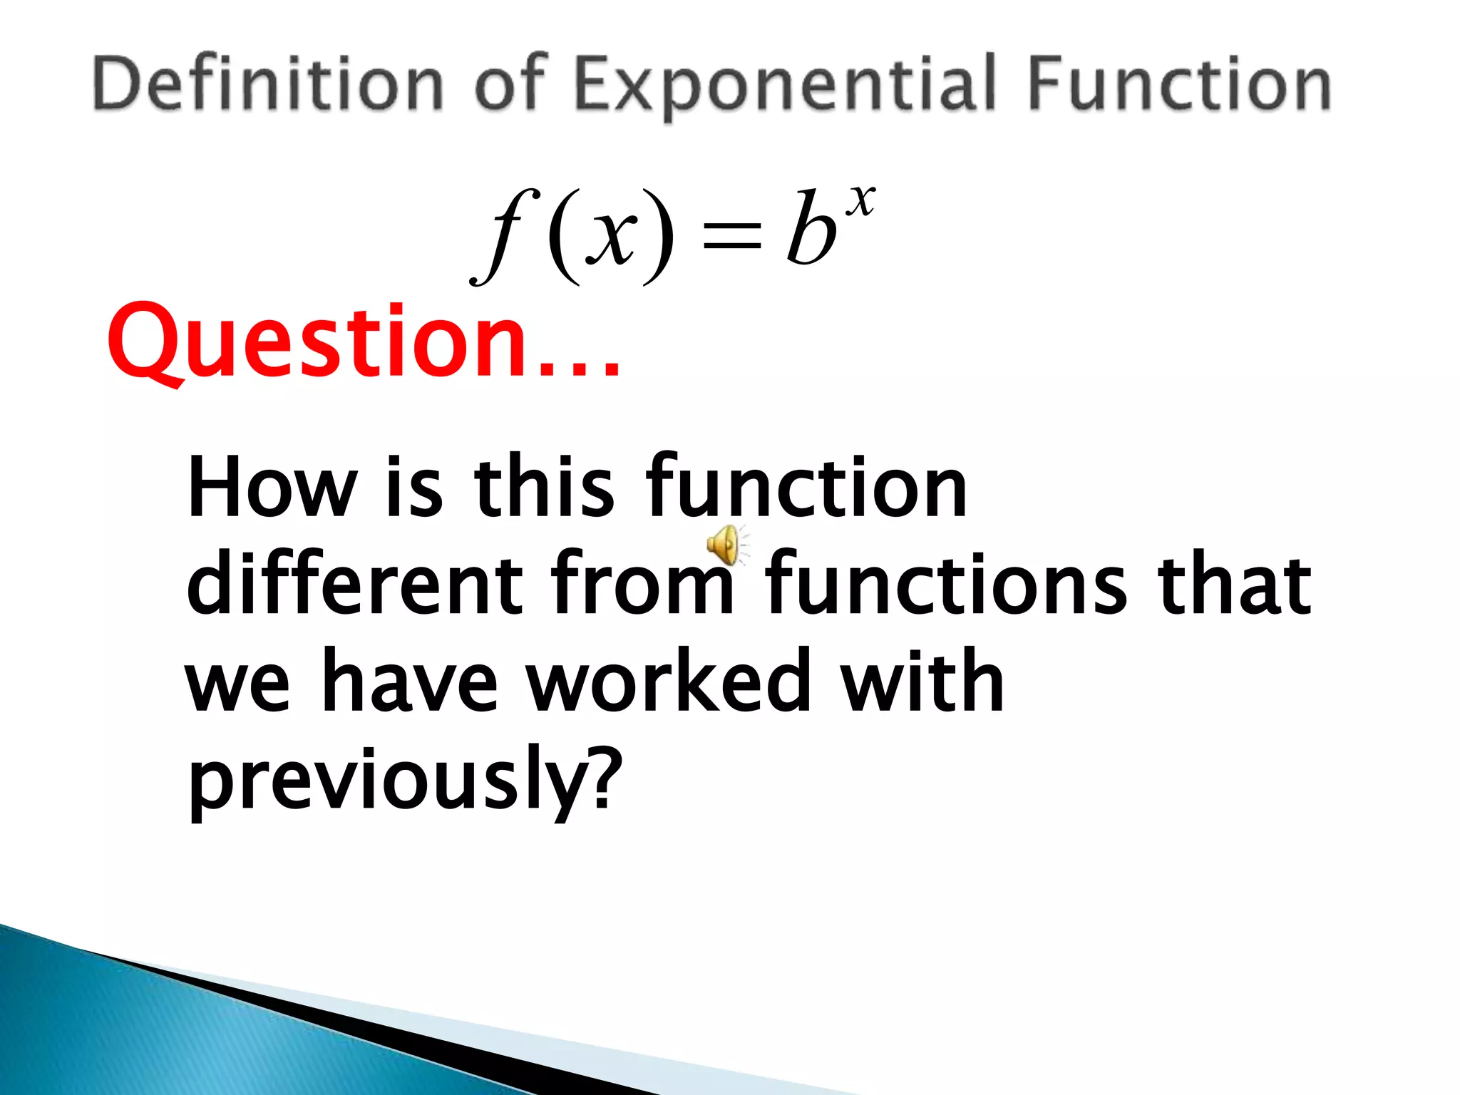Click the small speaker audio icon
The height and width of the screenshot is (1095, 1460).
click(727, 545)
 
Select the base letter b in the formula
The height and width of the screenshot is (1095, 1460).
click(811, 227)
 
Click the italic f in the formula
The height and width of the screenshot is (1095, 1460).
click(504, 235)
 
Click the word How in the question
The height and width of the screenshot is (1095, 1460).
click(272, 486)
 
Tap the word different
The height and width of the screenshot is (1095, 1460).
click(354, 582)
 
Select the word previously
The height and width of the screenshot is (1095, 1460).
click(386, 781)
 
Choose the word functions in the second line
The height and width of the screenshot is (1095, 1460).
click(946, 582)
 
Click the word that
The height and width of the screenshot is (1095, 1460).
click(1234, 582)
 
